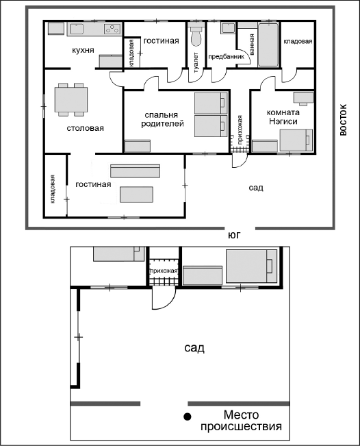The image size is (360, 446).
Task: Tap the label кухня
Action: point(83,50)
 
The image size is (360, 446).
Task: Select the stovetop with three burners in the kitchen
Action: point(112,29)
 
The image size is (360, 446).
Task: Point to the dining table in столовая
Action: point(71,99)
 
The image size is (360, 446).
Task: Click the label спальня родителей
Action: point(162,119)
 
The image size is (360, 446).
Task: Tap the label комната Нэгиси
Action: point(282,117)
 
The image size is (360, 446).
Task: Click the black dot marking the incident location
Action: point(187,417)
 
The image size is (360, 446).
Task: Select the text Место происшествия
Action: point(241,421)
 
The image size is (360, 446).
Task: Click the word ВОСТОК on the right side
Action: point(344,120)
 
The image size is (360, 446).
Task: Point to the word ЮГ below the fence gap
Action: point(235,236)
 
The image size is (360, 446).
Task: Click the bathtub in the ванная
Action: point(268,45)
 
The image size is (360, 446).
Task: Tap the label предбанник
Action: point(226,56)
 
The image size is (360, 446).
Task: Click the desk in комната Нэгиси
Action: point(303,97)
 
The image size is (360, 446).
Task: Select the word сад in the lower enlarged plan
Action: point(194,347)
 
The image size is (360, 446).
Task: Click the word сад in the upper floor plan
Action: point(256,188)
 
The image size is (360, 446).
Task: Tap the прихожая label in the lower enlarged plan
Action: point(164,271)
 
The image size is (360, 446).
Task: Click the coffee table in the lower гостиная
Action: point(136,195)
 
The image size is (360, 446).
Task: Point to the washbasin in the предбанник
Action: point(228,28)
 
